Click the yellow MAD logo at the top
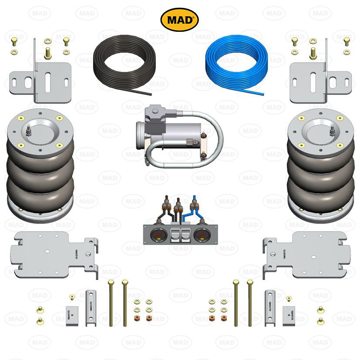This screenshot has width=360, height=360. [180, 20]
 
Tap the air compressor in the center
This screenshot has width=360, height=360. [170, 131]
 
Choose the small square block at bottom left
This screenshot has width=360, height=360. [74, 314]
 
